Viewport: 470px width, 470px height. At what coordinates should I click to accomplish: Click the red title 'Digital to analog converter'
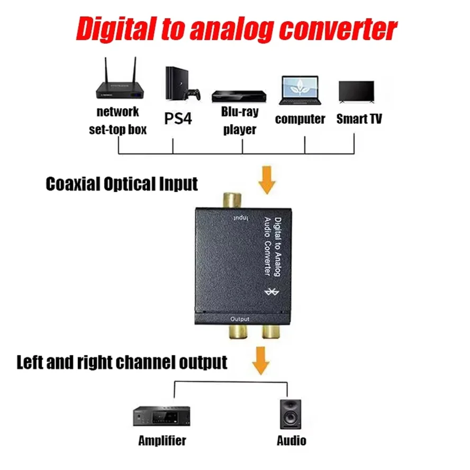[x=236, y=29]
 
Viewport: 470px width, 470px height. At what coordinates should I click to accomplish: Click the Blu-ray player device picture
[x=239, y=96]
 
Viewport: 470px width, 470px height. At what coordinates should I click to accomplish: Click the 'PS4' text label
[x=177, y=118]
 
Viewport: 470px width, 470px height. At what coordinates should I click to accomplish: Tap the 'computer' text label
[x=300, y=119]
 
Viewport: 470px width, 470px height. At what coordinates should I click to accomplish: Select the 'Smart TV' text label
[x=359, y=119]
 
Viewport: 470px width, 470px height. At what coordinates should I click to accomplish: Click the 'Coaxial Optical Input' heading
[x=122, y=184]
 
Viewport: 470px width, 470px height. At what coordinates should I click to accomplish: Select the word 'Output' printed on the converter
[x=240, y=319]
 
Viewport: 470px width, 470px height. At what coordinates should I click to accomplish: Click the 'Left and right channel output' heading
[x=122, y=362]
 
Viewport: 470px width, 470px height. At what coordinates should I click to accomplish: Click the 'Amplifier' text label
[x=162, y=440]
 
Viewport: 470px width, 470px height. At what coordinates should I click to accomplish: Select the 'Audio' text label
[x=291, y=440]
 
